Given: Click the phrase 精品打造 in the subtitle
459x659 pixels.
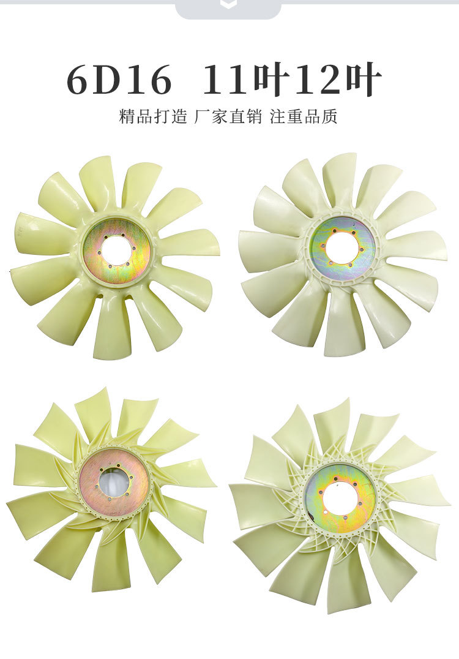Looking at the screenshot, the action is (x=153, y=116).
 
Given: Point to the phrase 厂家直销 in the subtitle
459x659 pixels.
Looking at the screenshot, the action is (x=228, y=116).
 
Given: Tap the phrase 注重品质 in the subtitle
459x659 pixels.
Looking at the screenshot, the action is (x=304, y=116).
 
